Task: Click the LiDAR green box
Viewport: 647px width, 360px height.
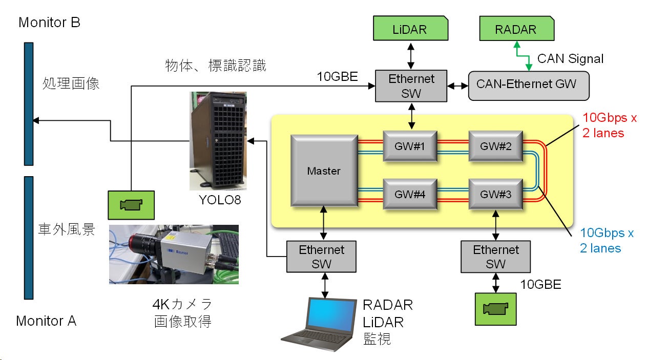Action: click(410, 29)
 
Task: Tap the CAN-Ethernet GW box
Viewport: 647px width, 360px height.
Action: click(529, 84)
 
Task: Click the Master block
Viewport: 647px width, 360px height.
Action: click(324, 171)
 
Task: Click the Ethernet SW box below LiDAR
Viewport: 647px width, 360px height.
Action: click(411, 86)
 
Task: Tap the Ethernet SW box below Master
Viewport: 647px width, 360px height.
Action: click(322, 257)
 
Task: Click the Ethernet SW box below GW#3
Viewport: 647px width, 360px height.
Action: click(496, 257)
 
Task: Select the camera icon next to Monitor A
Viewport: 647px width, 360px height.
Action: click(131, 204)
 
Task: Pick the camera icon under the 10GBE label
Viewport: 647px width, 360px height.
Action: click(495, 309)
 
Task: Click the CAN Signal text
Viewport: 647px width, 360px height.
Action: click(570, 59)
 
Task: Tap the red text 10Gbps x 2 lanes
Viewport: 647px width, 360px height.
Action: click(609, 125)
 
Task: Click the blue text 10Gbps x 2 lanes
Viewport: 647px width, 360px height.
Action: click(607, 240)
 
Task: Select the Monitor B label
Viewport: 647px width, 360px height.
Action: click(49, 23)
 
